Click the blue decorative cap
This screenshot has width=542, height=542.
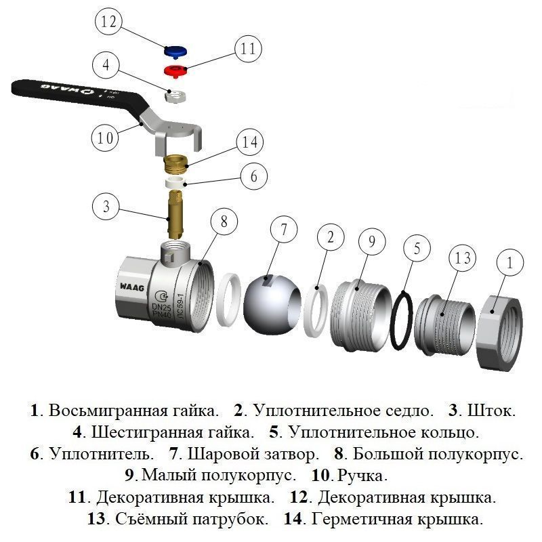[x=175, y=51]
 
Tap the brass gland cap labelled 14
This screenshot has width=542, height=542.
[x=177, y=163]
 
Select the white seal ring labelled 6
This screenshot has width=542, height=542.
[x=177, y=182]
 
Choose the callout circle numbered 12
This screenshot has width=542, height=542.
[x=108, y=22]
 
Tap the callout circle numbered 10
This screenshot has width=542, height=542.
[x=105, y=138]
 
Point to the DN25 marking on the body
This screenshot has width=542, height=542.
[x=159, y=306]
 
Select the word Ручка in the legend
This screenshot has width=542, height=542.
[x=362, y=475]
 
